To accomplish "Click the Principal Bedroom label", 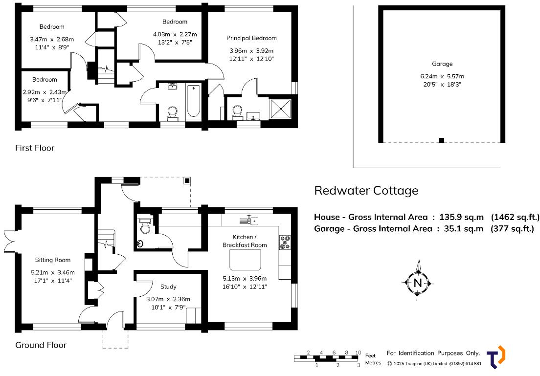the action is [x=251, y=38].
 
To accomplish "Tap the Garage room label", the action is [x=442, y=64].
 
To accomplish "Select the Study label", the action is [x=168, y=287].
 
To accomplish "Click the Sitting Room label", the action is [x=52, y=260].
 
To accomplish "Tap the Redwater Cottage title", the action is [x=366, y=190].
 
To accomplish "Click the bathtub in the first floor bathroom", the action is [x=194, y=101].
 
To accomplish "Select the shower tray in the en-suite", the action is [x=281, y=109].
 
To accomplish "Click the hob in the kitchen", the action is [x=285, y=242].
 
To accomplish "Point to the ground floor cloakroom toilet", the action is [x=145, y=227].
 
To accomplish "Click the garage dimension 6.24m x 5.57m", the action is [x=442, y=76].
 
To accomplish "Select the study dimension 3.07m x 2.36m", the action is [x=168, y=299].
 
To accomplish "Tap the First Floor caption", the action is [x=35, y=148].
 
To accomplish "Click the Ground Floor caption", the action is [x=41, y=345].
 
